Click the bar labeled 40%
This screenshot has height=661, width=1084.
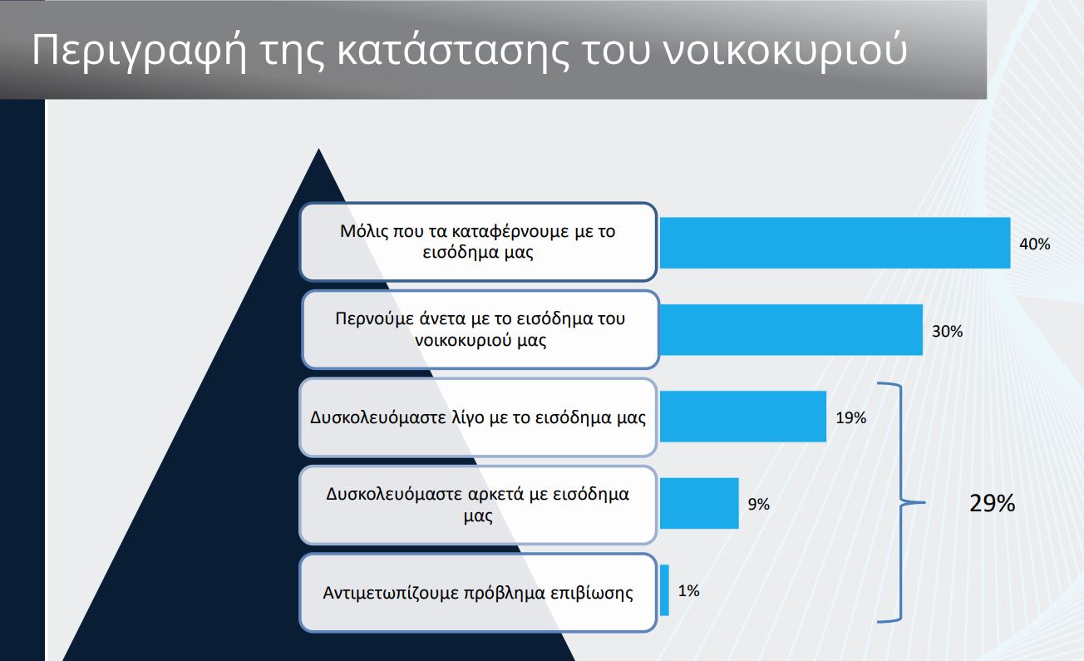point(835,243)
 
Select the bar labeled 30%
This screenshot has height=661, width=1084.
point(791,330)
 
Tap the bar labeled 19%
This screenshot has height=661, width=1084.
point(743,417)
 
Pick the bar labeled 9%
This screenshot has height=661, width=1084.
point(699,503)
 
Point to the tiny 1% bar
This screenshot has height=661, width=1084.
point(664,589)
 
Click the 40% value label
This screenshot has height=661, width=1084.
point(1035,244)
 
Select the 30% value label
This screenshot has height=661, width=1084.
point(947,332)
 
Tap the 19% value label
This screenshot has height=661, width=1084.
point(850,417)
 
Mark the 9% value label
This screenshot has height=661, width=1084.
point(758,504)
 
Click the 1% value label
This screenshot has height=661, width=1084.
point(688,591)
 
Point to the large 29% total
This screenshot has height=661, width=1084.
point(992,503)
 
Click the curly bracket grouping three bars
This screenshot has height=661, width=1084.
point(901,503)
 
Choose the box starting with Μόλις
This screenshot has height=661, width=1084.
point(478,242)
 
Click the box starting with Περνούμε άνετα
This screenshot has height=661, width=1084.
point(480,329)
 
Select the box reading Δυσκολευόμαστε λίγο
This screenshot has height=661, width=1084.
point(478,417)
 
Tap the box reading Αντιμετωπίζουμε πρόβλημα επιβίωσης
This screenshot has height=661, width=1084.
point(478,593)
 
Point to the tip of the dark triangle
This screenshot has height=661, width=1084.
point(318,149)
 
